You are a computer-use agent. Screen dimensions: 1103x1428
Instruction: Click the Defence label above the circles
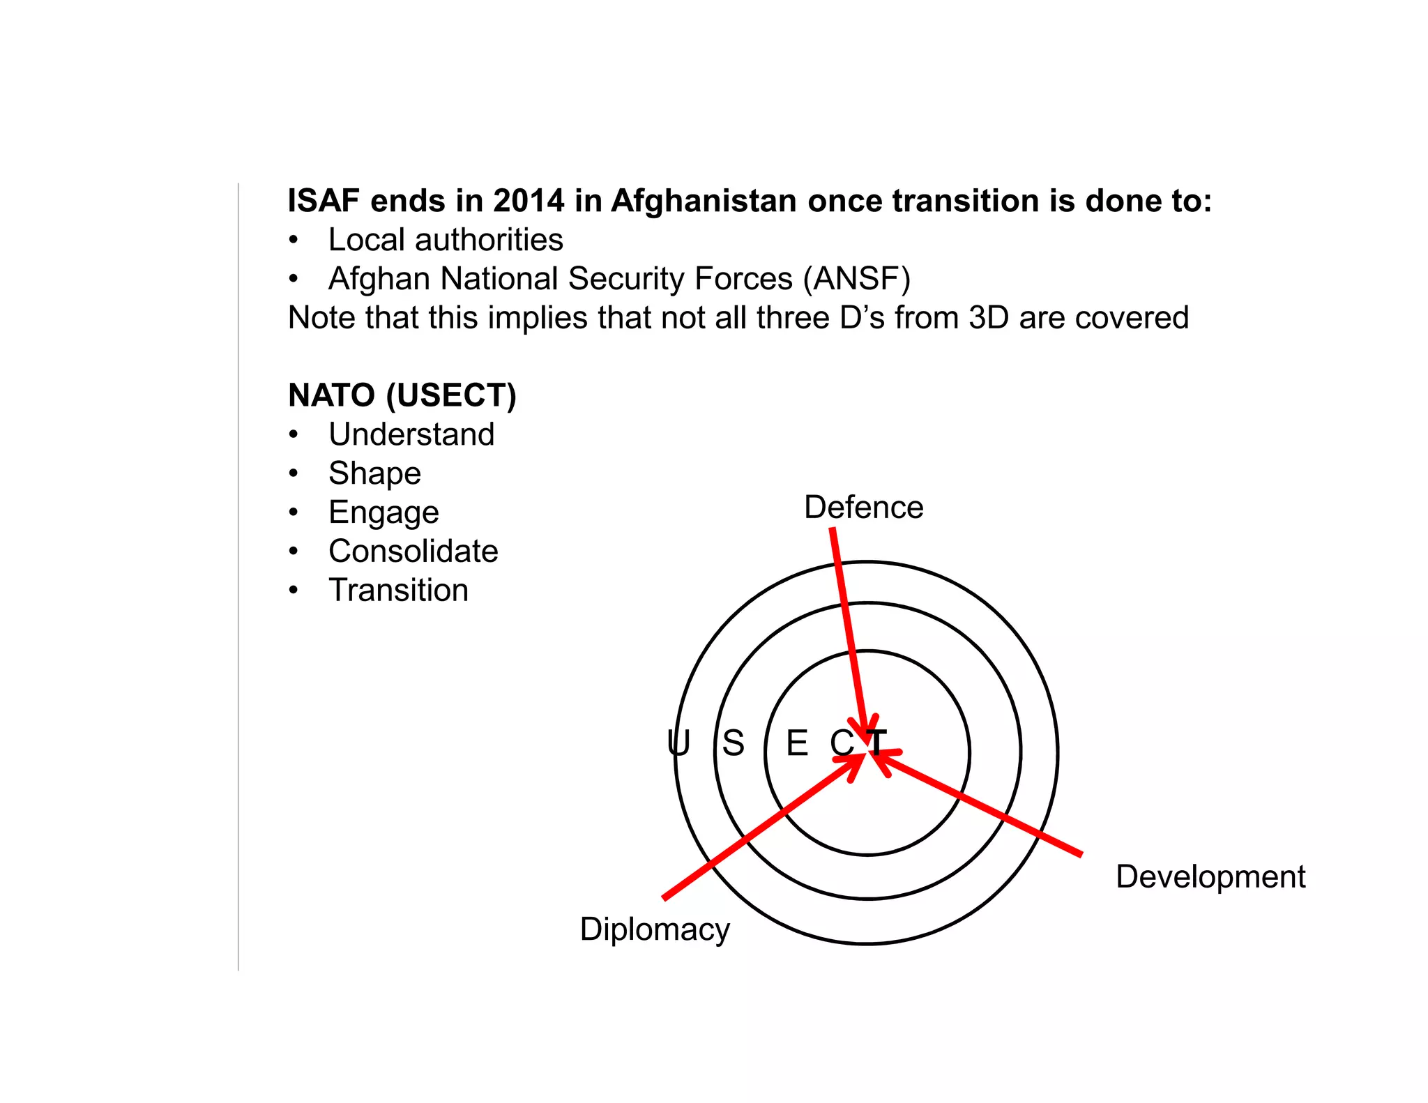point(863,507)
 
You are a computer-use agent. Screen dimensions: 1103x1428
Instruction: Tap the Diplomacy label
point(655,929)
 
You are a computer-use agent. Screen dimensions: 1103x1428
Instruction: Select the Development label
point(1210,876)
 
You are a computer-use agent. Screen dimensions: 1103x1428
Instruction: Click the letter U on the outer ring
point(678,743)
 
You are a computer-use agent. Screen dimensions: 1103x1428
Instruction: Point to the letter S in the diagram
point(733,743)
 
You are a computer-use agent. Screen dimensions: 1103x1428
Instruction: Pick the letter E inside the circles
point(797,743)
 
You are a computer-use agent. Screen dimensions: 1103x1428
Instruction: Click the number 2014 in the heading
point(529,201)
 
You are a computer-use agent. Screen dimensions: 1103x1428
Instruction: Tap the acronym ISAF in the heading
point(323,201)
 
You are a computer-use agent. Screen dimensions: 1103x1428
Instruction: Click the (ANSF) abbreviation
point(857,279)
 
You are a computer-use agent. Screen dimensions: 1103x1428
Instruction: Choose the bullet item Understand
point(411,434)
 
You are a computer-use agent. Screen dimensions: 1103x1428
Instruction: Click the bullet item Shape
point(375,473)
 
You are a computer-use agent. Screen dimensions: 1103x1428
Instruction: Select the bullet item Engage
point(384,512)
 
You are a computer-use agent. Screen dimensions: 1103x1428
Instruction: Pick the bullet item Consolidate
point(413,551)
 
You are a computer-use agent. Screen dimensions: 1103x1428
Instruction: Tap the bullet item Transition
point(399,591)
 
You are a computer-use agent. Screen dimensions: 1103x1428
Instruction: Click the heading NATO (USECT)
point(402,395)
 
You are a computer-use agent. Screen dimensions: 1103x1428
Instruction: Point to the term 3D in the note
point(989,318)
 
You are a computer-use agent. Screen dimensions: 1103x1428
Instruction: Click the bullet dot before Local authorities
point(294,241)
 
